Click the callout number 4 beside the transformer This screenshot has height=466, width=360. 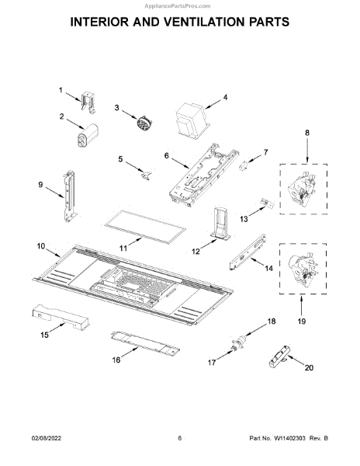(x=225, y=97)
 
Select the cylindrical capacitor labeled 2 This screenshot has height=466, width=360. (x=88, y=135)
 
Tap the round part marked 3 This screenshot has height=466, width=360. (x=144, y=123)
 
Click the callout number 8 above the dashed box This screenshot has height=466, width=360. (x=307, y=133)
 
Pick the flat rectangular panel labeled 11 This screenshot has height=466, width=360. (x=145, y=227)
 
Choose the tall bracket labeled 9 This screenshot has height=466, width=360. (x=69, y=196)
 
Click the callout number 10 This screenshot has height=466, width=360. (x=41, y=246)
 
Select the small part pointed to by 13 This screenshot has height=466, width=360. (x=268, y=203)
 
